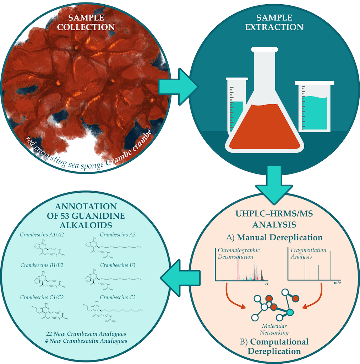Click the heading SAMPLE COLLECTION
pos(91,22)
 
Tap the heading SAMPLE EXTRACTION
pos(274,22)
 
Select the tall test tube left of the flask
pos(235,107)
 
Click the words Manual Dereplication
pos(280,237)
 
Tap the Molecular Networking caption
pos(274,329)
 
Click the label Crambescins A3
pos(118,234)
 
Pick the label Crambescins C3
pos(118,297)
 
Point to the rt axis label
pos(266,284)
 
